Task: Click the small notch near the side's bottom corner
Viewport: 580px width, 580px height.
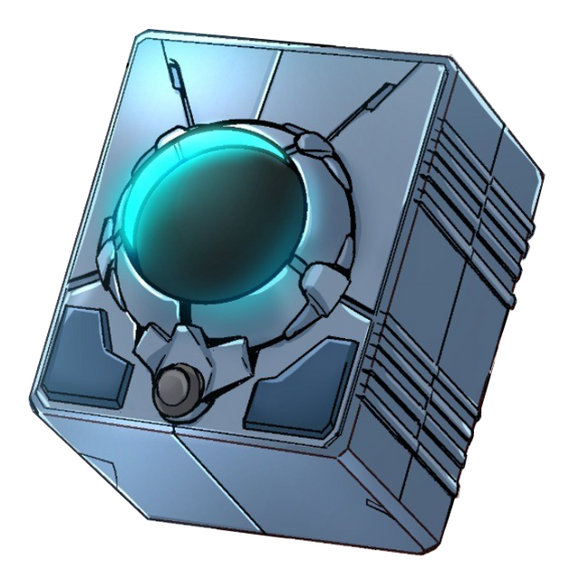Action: [372, 501]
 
